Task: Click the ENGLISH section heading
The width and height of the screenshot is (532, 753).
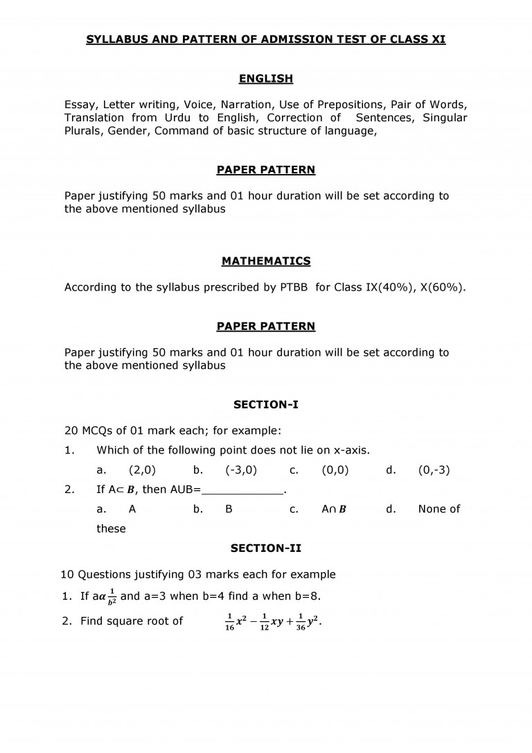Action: coord(266,78)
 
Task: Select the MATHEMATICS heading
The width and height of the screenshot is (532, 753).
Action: coord(266,261)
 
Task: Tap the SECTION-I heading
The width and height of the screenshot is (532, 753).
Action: coord(266,404)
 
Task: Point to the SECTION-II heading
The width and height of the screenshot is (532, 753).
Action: coord(266,548)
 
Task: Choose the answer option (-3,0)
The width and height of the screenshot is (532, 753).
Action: coord(241,470)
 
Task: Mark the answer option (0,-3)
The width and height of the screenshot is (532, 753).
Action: coord(434,470)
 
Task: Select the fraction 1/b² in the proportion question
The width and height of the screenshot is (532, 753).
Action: coord(110,597)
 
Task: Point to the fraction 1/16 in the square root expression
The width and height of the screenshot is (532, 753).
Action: coord(230,622)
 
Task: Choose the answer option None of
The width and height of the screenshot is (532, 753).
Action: coord(439,510)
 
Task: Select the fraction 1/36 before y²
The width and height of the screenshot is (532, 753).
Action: coord(301,622)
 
